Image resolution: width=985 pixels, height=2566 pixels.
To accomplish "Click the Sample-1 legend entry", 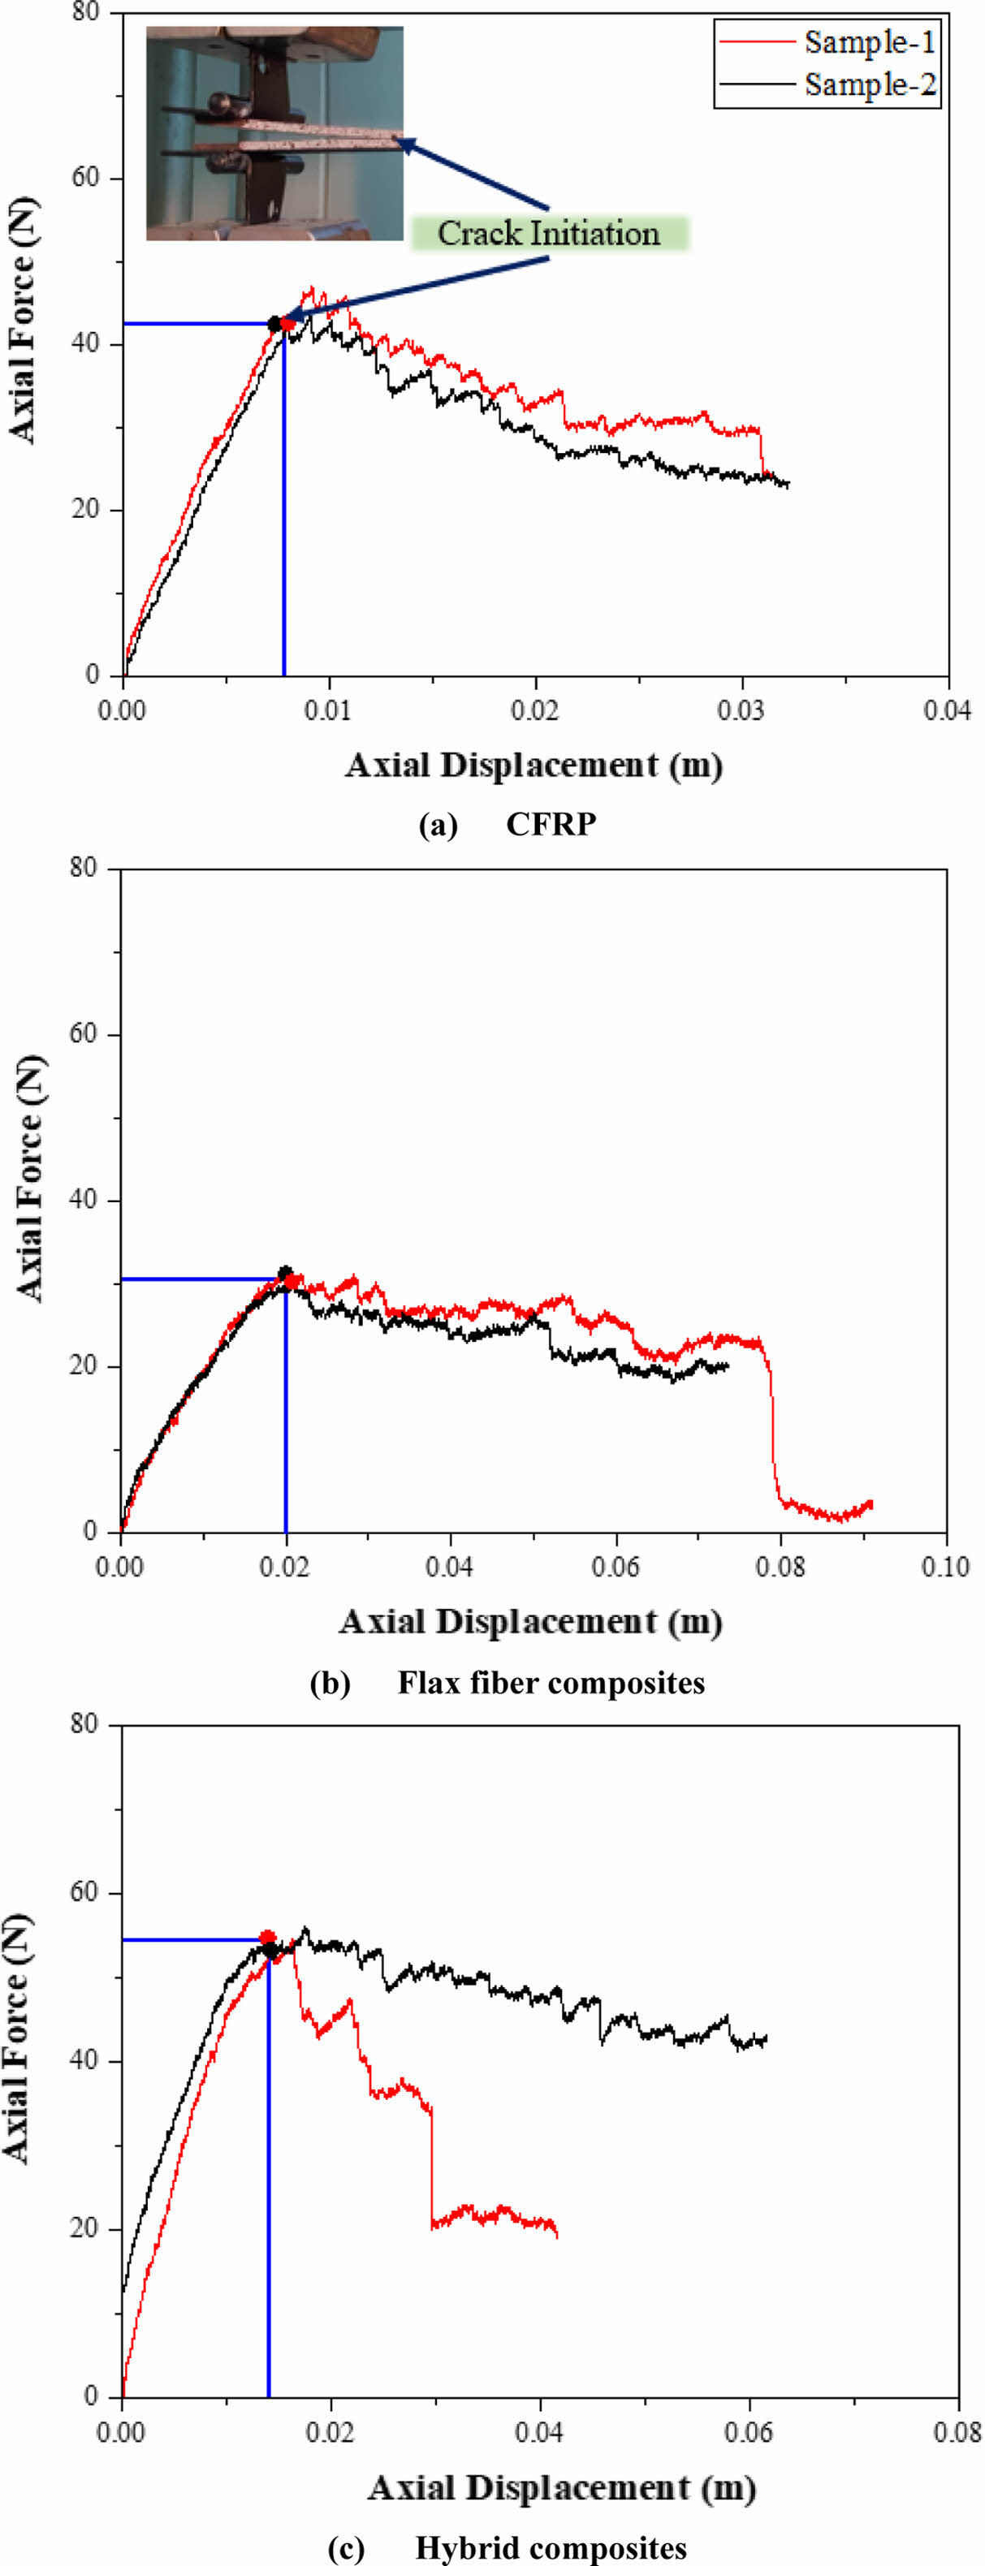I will coord(870,42).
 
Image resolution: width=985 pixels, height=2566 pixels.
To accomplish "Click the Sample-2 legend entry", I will coord(870,84).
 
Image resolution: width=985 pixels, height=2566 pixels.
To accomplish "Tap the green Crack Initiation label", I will coord(549,233).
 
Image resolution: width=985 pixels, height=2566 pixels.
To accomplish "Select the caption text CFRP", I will coord(551,825).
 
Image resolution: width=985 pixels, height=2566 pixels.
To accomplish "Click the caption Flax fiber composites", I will coord(551,1683).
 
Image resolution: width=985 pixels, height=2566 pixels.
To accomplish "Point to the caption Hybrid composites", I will coord(551,2547).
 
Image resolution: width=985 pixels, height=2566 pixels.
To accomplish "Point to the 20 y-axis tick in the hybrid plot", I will coord(88,2228).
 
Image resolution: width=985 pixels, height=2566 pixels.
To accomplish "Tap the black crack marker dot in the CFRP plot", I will coord(275,324).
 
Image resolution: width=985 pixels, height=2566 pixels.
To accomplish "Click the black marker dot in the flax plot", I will coord(286,1272).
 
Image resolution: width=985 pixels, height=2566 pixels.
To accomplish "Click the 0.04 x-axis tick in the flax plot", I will coord(450,1567).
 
